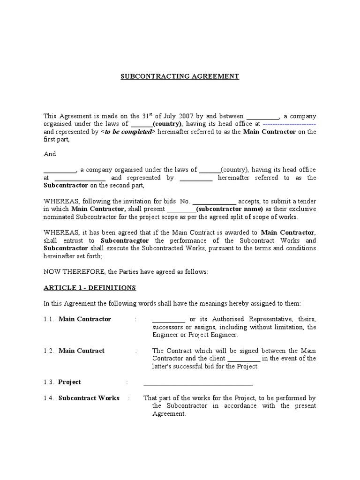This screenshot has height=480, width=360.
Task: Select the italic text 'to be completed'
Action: click(127, 132)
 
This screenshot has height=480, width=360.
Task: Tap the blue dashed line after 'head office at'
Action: click(289, 124)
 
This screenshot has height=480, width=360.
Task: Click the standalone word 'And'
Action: click(50, 154)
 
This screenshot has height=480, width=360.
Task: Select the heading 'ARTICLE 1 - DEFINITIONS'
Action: click(90, 287)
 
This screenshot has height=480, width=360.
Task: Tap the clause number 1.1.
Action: click(49, 319)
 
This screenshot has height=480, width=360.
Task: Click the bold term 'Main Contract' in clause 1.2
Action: click(81, 351)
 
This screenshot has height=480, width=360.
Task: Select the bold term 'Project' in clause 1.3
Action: click(69, 382)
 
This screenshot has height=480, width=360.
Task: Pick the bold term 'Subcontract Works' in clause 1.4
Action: click(89, 398)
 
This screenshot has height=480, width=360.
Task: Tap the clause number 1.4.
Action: click(49, 398)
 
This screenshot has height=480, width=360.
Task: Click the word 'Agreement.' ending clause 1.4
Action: click(169, 414)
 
